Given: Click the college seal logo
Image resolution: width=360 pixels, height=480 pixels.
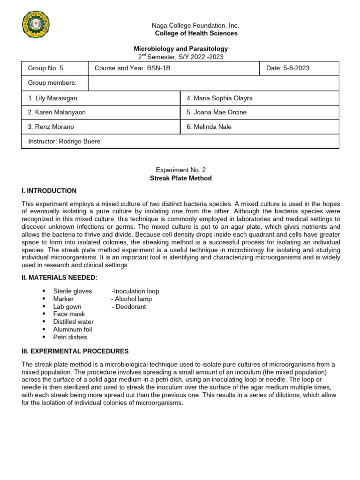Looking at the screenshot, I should (x=36, y=24).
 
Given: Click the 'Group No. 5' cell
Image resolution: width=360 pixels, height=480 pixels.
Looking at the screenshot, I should (x=46, y=68).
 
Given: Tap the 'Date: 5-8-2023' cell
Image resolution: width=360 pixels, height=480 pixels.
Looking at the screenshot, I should (x=288, y=68).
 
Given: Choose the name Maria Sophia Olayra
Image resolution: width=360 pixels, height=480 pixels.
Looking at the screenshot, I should (x=219, y=98).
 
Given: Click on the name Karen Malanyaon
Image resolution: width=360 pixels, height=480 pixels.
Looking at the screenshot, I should (x=57, y=112).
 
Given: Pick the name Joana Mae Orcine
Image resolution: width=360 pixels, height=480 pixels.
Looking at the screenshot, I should (x=217, y=112).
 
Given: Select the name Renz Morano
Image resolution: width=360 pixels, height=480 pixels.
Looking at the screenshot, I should (x=51, y=127).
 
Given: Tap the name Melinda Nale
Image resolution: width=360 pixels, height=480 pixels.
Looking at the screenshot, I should (x=209, y=127).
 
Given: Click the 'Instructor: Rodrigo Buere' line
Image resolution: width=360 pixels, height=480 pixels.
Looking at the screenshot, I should (x=64, y=141).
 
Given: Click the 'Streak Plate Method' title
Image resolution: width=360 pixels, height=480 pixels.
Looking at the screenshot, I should (x=180, y=178).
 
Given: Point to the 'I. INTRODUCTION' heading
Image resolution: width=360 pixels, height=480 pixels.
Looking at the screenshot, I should (x=49, y=191).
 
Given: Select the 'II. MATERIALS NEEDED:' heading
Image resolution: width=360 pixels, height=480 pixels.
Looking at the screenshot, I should (x=60, y=278).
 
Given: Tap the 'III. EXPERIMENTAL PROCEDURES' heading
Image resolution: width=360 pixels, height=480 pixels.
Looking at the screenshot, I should (x=75, y=351).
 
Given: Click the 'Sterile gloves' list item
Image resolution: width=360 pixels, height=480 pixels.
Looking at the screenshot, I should (x=73, y=291).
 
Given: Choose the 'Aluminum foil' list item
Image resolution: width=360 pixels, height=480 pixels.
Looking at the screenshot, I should (x=73, y=330).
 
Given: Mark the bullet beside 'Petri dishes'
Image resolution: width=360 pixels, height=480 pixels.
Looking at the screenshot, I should (x=44, y=337).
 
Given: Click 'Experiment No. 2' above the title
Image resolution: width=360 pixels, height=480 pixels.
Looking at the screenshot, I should (x=180, y=170).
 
